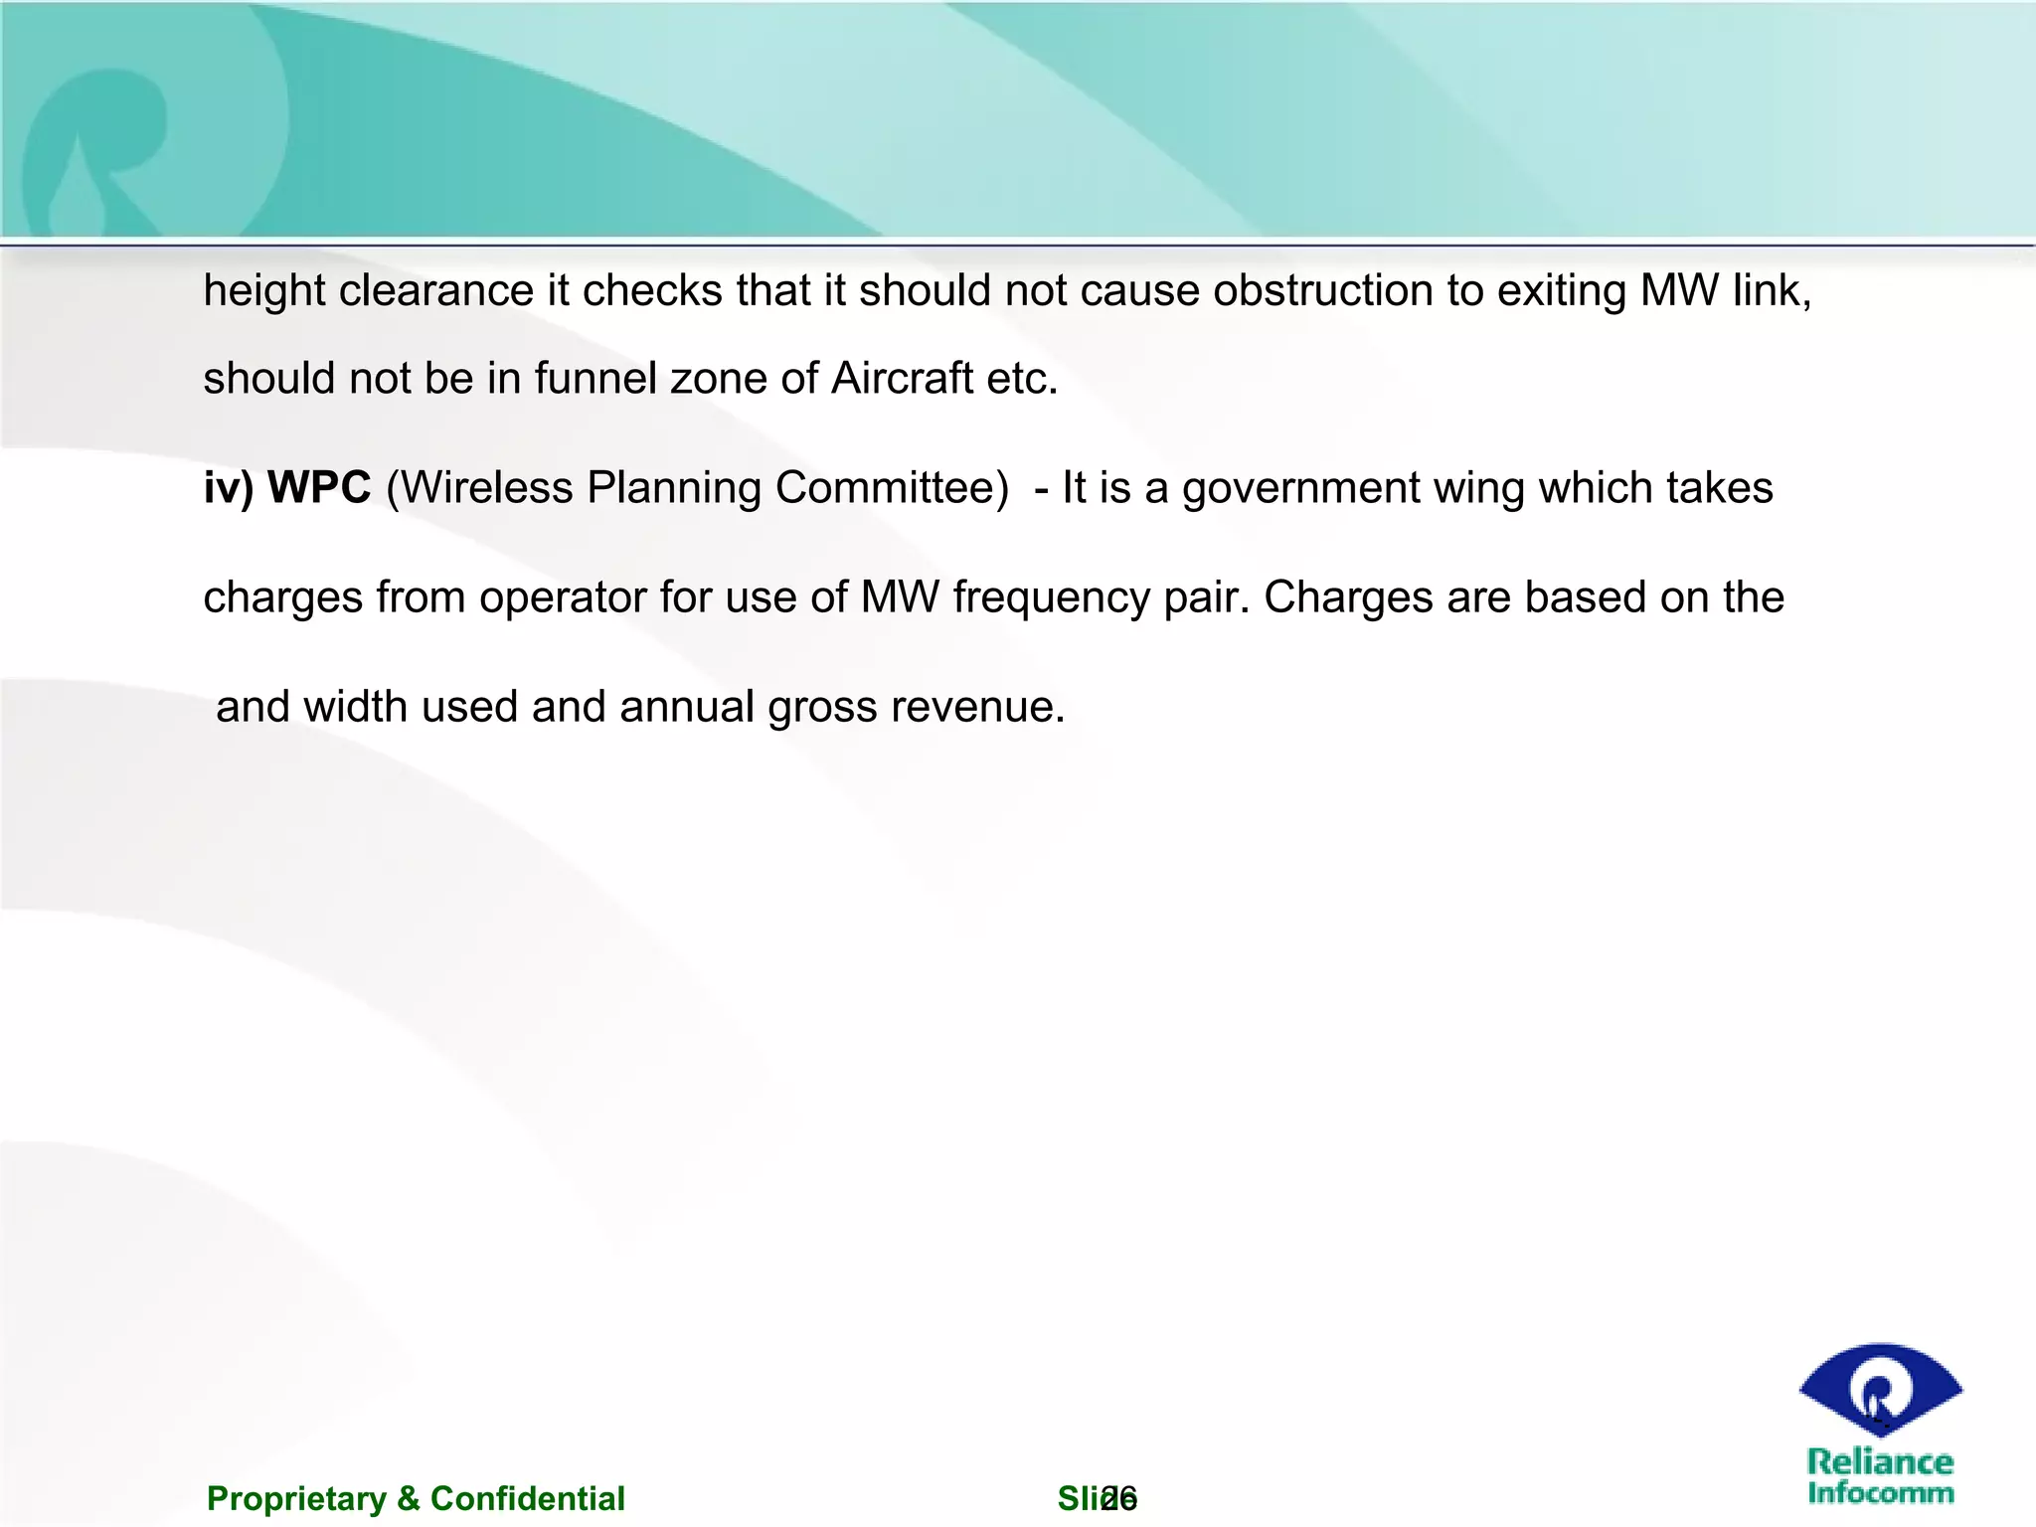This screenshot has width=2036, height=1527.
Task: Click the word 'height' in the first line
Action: point(264,292)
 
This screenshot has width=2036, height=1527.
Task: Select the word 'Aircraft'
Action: point(902,379)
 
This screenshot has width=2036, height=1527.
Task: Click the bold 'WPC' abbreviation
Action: point(319,488)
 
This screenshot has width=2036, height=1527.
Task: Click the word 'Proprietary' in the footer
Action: point(296,1498)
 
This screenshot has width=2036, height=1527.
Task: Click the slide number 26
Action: point(1119,1498)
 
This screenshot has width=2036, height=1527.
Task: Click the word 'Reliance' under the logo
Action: point(1880,1462)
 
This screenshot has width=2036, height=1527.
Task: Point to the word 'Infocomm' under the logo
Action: point(1880,1492)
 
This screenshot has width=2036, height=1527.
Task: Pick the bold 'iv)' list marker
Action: point(229,488)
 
